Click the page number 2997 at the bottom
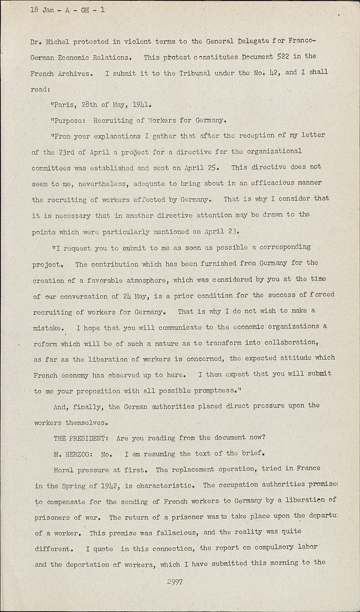coord(174,582)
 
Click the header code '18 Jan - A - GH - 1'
coord(67,10)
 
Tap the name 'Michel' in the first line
coord(58,42)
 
